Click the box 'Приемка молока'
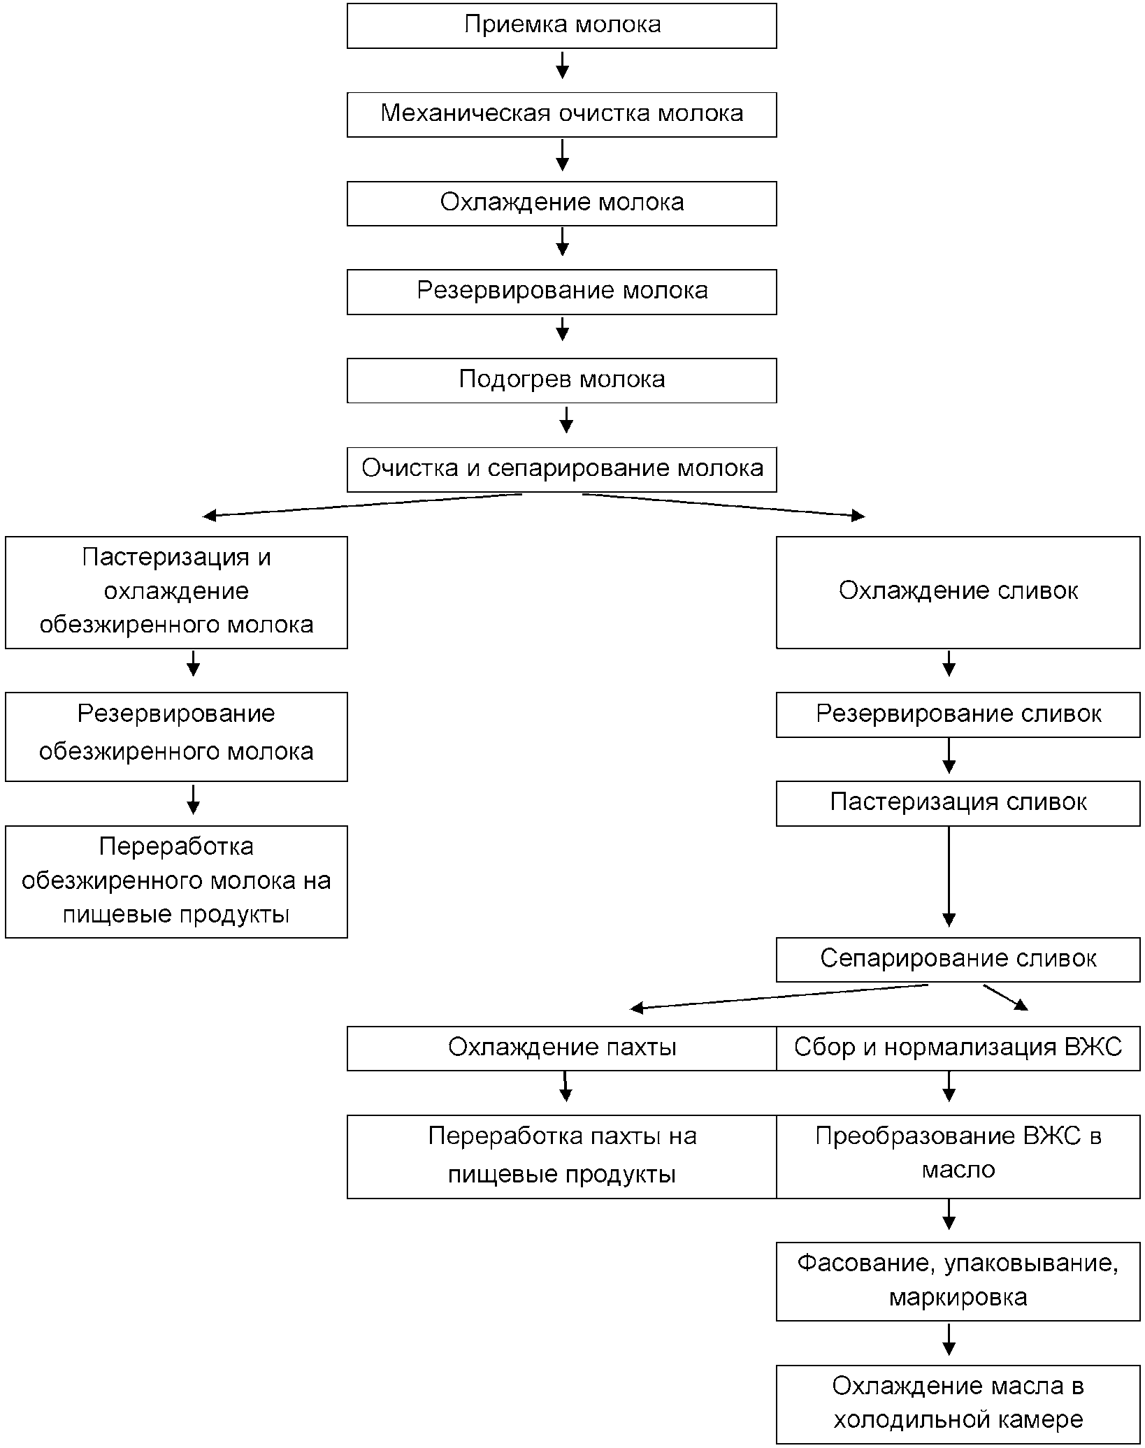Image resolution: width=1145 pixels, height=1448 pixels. coord(561,26)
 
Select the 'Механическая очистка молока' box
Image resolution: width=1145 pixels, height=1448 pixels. coord(561,115)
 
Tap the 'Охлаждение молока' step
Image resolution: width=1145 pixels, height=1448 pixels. coord(561,203)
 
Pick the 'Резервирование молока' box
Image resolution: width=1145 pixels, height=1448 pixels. coord(561,292)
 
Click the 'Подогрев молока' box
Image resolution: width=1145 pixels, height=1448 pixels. coord(561,381)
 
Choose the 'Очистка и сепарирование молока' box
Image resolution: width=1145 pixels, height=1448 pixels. coord(561,470)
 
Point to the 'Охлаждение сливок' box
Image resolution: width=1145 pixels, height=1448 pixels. coord(958,593)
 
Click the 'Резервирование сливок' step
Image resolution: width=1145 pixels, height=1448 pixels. coord(958,715)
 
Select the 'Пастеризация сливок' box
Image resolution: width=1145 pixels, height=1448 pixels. coord(958,804)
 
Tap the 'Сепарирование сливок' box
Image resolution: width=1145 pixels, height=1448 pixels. coord(958,960)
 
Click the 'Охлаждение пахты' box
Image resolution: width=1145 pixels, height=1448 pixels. coord(561,1048)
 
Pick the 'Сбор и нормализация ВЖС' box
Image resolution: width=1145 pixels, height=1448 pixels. coord(958,1048)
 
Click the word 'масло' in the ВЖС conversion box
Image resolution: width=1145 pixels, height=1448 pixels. coord(958,1170)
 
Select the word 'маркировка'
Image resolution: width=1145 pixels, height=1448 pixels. coord(958,1298)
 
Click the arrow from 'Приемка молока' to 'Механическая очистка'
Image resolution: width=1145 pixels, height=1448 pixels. coord(562,64)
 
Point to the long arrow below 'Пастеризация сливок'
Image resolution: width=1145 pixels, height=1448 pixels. coord(949,876)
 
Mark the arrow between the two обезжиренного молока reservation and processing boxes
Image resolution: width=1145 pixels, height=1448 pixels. coord(194,799)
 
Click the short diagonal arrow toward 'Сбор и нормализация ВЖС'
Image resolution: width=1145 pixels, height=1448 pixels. coord(1006,997)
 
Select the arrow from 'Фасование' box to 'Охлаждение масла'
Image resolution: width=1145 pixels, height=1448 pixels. coord(949,1339)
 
